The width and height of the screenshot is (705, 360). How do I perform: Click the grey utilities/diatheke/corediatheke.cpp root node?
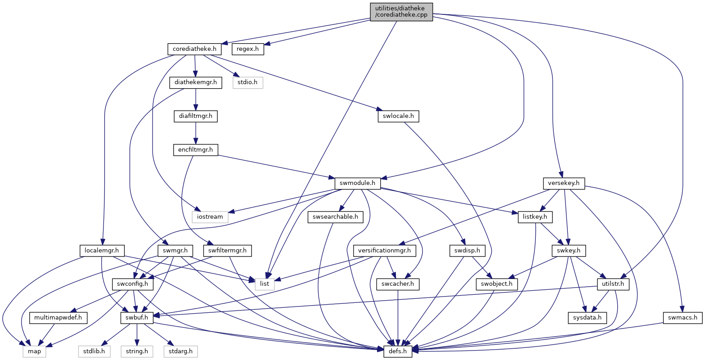tap(401, 12)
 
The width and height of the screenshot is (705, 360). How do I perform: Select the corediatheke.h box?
tap(194, 49)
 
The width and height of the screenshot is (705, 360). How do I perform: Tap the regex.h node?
tap(248, 49)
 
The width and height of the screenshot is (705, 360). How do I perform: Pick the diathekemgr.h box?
tap(195, 82)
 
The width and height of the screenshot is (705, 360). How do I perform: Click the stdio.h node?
tap(248, 82)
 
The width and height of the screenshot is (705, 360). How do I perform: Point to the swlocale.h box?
tap(398, 116)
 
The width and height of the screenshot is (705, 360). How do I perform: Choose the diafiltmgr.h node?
tap(195, 116)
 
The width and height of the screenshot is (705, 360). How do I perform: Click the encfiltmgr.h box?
tap(195, 150)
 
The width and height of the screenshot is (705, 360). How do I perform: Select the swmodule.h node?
tap(358, 183)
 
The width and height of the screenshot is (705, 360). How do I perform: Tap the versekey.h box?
tap(564, 183)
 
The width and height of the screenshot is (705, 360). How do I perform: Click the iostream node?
tap(210, 217)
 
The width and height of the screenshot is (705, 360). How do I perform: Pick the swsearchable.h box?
tap(335, 217)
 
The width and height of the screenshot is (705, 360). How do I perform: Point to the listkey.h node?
tap(535, 217)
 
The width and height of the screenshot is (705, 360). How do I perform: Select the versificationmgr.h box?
tap(385, 251)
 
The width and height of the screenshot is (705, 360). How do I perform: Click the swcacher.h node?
tap(398, 284)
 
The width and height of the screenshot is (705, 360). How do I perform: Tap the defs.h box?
tap(398, 351)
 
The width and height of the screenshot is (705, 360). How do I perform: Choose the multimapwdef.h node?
tap(58, 318)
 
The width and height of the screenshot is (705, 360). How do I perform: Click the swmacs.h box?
tap(683, 318)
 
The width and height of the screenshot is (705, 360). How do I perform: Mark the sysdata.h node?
tap(587, 318)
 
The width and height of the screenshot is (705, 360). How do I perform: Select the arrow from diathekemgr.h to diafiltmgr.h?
tap(196, 99)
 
